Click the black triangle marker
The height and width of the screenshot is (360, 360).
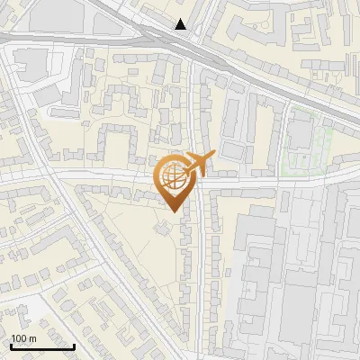[182, 24]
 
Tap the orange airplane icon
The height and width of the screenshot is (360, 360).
[198, 164]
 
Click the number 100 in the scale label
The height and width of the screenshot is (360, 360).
[19, 338]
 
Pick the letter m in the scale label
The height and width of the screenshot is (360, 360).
[32, 338]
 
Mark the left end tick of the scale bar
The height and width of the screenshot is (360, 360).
[11, 345]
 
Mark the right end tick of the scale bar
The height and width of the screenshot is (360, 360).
[75, 345]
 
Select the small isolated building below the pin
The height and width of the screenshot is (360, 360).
[163, 228]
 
